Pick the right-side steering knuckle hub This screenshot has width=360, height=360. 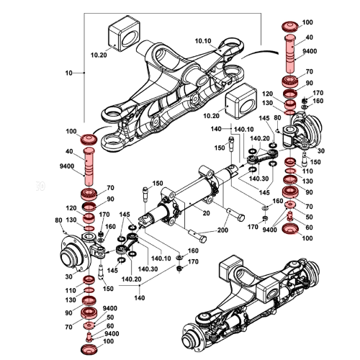pos(306,137)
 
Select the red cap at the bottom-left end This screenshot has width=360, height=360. pos(91,349)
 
